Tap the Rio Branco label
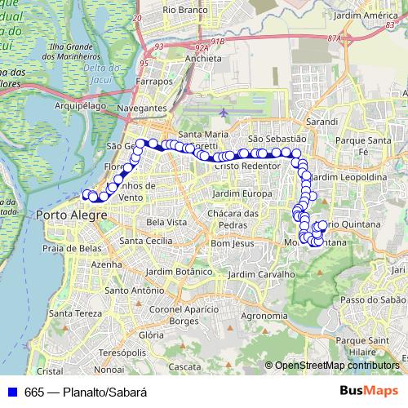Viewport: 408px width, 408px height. point(184,10)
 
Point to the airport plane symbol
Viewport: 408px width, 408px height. point(224,112)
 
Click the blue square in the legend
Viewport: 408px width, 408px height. point(12,391)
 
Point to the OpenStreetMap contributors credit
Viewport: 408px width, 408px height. point(336,366)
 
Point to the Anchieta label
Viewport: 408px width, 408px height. point(180,59)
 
